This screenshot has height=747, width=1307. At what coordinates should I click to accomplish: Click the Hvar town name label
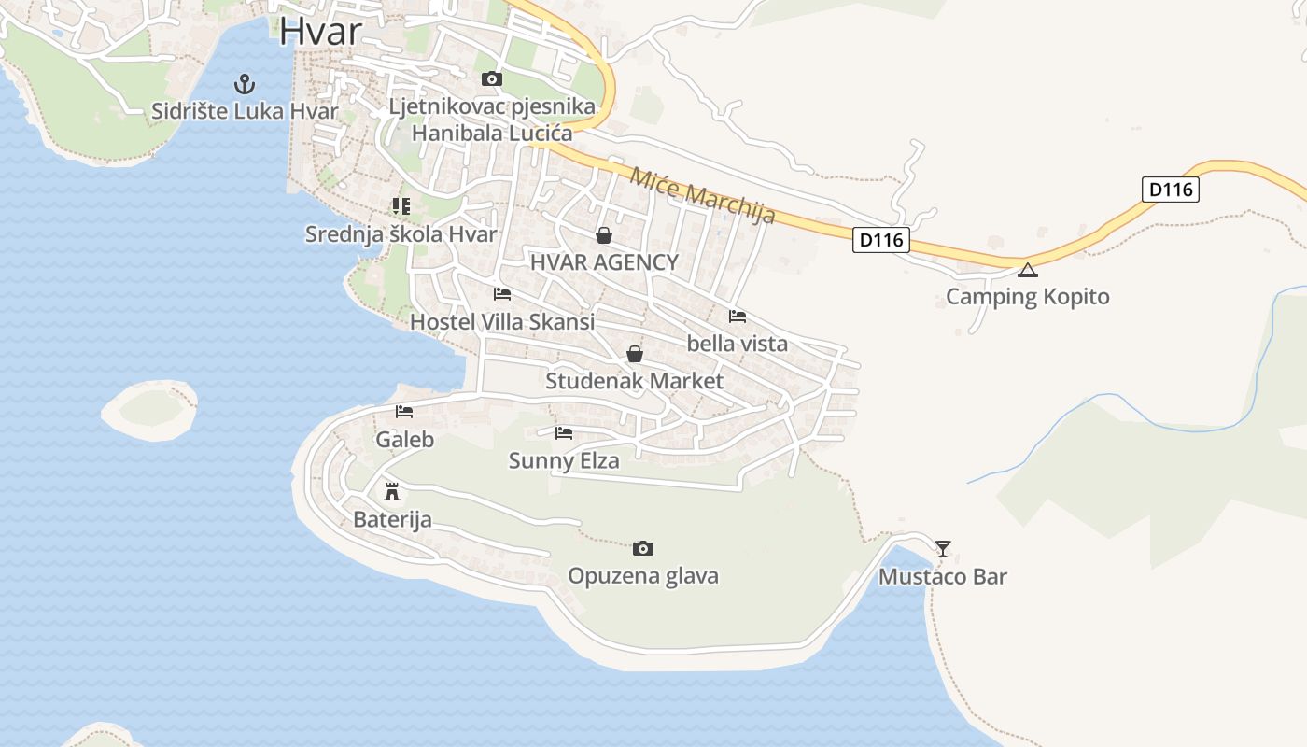click(320, 31)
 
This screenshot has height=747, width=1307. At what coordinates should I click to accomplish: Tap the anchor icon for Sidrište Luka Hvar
click(245, 84)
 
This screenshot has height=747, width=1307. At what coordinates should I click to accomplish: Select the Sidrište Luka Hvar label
click(245, 111)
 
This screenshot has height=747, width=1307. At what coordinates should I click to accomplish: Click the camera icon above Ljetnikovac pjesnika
click(491, 79)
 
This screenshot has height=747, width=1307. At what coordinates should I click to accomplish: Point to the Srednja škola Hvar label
click(401, 233)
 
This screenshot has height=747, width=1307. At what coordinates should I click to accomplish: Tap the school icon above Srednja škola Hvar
click(401, 206)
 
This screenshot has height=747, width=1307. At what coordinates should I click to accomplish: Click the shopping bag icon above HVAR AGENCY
click(604, 235)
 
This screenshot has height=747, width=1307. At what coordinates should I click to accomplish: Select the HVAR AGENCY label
click(604, 262)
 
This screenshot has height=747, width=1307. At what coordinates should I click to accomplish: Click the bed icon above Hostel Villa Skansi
click(502, 294)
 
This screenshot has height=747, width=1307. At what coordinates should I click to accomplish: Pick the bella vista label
click(738, 344)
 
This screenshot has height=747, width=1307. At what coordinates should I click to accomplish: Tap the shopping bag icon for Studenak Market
click(635, 354)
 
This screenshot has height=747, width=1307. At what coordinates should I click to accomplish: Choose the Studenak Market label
click(635, 381)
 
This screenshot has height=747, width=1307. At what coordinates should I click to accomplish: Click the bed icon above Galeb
click(404, 412)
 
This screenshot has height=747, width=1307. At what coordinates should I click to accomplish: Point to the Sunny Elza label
click(564, 460)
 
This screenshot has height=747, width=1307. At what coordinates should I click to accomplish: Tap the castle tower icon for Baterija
click(392, 492)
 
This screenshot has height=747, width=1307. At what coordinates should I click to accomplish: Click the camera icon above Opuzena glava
click(643, 548)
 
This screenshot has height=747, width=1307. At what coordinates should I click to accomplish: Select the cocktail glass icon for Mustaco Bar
click(943, 549)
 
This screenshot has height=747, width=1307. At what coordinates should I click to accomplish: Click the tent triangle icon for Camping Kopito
click(1028, 271)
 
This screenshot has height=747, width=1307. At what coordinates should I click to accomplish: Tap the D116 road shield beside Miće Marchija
click(880, 240)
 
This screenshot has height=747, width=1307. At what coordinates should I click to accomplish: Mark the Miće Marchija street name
click(702, 195)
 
